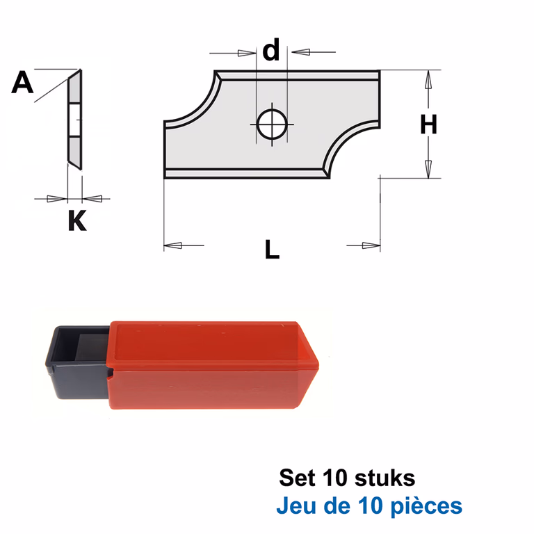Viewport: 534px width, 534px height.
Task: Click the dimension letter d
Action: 271,50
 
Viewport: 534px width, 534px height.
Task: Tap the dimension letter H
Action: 428,124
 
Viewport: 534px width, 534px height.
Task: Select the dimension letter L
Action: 272,250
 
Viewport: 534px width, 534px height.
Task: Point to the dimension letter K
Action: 77,220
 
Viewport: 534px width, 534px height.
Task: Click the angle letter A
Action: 22,82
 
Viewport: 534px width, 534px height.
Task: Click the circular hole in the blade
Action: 272,124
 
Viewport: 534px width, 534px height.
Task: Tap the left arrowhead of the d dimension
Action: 247,53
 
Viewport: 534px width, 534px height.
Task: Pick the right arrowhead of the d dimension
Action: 300,52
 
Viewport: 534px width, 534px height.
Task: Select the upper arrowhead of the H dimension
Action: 428,80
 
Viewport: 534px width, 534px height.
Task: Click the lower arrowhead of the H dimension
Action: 428,169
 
